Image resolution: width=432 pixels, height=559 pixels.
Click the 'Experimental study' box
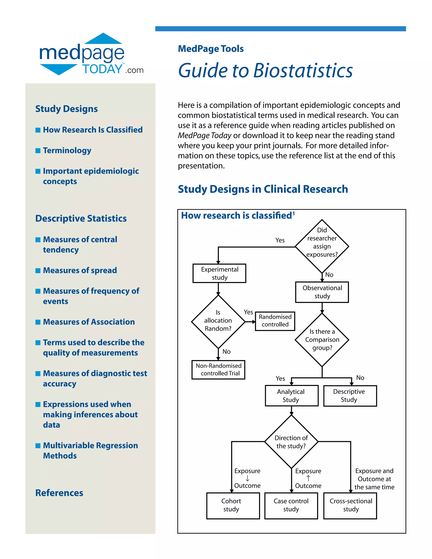[x=219, y=273]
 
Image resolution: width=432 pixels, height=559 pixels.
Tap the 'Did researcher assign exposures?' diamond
[x=322, y=246]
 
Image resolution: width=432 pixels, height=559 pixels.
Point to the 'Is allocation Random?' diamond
[x=218, y=321]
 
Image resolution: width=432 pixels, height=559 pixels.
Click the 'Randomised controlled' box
[x=275, y=321]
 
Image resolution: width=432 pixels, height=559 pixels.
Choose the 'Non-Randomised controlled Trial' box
[x=218, y=370]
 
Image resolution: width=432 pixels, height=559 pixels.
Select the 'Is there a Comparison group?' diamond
[x=322, y=340]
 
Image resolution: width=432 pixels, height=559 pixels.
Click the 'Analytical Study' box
[x=292, y=396]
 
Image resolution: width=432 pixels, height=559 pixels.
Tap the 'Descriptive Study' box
[x=350, y=396]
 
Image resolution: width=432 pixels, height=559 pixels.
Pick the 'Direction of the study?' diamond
[x=291, y=442]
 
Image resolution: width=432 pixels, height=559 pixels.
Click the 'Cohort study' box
[x=233, y=506]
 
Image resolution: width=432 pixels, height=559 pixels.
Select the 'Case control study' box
[x=291, y=506]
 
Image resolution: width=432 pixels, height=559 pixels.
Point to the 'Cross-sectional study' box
[x=350, y=506]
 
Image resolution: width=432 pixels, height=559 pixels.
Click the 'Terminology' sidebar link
[x=67, y=150]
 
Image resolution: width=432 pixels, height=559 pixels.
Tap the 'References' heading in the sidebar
[x=59, y=493]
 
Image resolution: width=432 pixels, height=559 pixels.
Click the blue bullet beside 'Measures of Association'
[x=38, y=322]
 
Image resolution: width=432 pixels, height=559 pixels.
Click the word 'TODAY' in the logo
[x=102, y=69]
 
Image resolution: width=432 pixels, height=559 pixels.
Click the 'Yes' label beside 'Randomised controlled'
[x=248, y=312]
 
